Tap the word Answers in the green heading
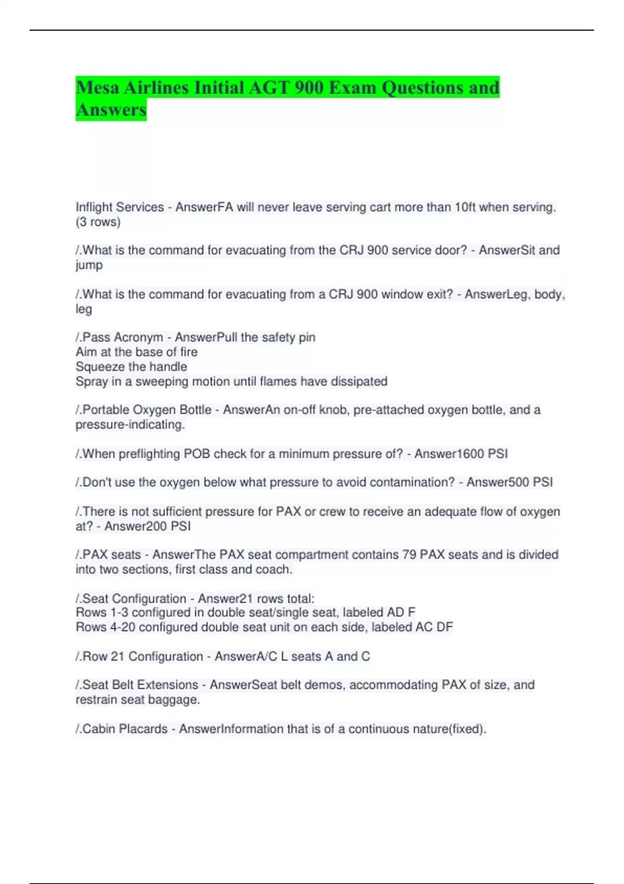111,110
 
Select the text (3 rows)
98,222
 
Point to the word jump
89,265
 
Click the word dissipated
359,381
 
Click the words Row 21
103,656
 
